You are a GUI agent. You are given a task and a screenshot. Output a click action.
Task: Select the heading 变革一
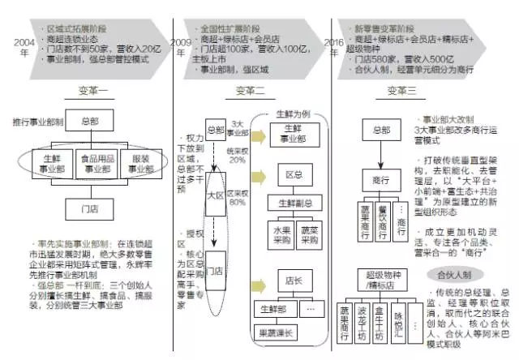pos(88,91)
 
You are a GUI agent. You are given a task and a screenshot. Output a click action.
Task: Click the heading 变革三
pos(401,91)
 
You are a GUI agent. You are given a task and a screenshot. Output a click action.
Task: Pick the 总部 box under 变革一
pos(94,121)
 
